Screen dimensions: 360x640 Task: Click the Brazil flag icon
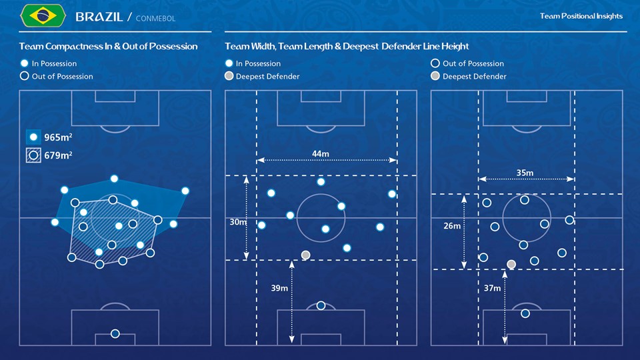click(43, 16)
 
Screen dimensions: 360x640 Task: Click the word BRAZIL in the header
click(99, 17)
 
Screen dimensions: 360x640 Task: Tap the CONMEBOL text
click(155, 19)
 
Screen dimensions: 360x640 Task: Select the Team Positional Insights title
click(581, 16)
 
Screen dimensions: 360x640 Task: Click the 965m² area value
click(58, 137)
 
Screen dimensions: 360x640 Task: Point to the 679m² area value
click(58, 156)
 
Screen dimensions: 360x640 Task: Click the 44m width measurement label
click(321, 154)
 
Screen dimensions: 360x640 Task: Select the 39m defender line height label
click(279, 288)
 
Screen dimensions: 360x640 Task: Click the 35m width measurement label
click(525, 173)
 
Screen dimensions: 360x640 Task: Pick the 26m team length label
click(452, 226)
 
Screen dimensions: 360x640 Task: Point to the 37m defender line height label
click(492, 288)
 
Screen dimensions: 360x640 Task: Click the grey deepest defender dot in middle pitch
click(306, 255)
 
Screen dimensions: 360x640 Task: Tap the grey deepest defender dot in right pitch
click(511, 264)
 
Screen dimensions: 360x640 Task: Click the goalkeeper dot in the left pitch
click(115, 333)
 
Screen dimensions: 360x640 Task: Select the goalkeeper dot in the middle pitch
click(321, 305)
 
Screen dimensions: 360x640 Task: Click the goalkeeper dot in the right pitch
click(525, 313)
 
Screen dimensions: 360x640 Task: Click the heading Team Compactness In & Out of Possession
click(108, 47)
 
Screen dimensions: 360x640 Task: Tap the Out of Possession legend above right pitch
click(473, 63)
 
